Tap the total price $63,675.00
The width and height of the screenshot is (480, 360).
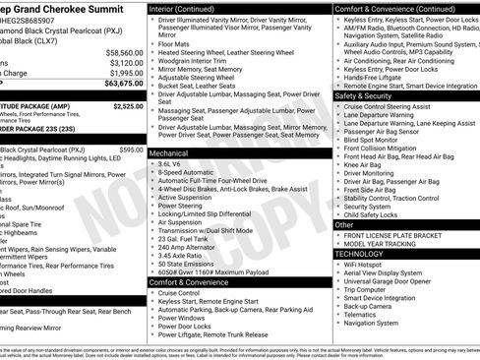tap(123, 84)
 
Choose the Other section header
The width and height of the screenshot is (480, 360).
tap(345, 224)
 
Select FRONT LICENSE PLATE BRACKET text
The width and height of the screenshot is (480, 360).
tap(392, 236)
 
